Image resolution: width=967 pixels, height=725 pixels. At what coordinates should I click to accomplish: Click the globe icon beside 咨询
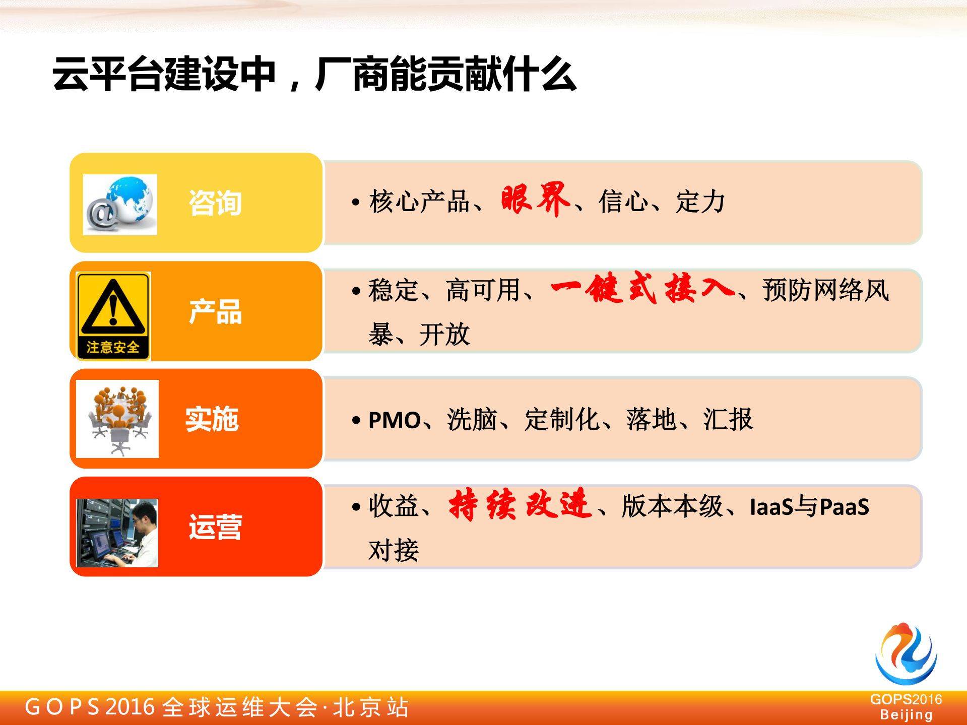(120, 205)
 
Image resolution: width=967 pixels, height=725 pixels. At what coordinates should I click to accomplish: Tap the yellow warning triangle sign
(113, 316)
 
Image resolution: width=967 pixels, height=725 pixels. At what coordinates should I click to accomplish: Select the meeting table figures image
(117, 419)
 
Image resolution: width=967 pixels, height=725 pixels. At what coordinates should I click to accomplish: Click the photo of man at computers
(117, 533)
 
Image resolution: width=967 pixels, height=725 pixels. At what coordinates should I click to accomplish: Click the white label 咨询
(215, 204)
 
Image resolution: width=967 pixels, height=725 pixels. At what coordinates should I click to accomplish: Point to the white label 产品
(215, 312)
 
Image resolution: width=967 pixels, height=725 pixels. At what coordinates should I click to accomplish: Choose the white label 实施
(212, 419)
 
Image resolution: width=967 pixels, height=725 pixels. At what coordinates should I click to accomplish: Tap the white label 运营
(215, 528)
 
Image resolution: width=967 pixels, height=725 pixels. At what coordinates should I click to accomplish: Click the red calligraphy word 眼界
(536, 200)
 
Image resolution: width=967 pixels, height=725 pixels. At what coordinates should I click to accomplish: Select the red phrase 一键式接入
(642, 289)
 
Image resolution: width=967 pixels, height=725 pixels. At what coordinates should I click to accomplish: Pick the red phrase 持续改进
(520, 504)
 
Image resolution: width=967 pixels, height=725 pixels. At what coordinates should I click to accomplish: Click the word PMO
(395, 420)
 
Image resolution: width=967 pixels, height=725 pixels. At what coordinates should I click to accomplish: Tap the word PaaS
(845, 507)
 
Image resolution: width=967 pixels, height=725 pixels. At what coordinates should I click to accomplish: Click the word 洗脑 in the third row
(472, 420)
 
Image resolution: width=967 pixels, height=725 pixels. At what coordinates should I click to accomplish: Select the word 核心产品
(419, 202)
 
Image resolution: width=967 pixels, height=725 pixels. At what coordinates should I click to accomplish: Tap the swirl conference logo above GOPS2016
(906, 653)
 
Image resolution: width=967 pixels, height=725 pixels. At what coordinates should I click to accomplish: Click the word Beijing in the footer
(906, 715)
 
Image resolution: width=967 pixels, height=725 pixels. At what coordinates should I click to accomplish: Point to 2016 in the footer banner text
(130, 707)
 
